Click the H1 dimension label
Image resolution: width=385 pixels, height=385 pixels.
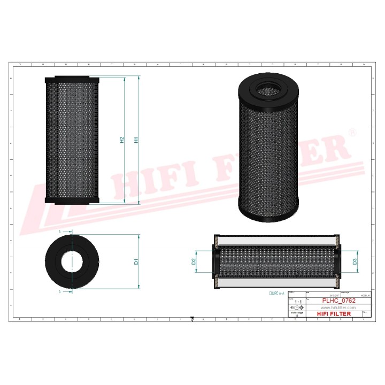pyautogui.click(x=137, y=140)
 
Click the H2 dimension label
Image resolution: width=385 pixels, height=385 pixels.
pyautogui.click(x=122, y=140)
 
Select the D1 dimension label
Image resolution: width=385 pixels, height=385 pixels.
pyautogui.click(x=136, y=262)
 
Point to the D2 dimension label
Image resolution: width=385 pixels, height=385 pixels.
pyautogui.click(x=194, y=262)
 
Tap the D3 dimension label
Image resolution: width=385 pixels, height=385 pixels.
pyautogui.click(x=355, y=261)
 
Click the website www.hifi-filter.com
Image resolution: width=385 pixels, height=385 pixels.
pyautogui.click(x=338, y=308)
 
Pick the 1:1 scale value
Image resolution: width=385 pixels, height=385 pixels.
pyautogui.click(x=296, y=302)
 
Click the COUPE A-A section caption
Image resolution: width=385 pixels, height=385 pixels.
pyautogui.click(x=278, y=294)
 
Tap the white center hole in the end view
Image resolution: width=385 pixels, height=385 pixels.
pyautogui.click(x=72, y=262)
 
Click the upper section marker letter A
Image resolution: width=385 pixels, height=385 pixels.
pyautogui.click(x=59, y=232)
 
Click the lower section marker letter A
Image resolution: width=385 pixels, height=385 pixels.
pyautogui.click(x=59, y=292)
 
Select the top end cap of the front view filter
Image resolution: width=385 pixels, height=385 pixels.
pyautogui.click(x=72, y=80)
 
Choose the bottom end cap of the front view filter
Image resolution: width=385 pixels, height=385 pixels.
pyautogui.click(x=72, y=201)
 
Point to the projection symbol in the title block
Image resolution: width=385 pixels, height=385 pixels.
pyautogui.click(x=296, y=309)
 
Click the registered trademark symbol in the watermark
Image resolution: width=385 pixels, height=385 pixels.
pyautogui.click(x=351, y=132)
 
